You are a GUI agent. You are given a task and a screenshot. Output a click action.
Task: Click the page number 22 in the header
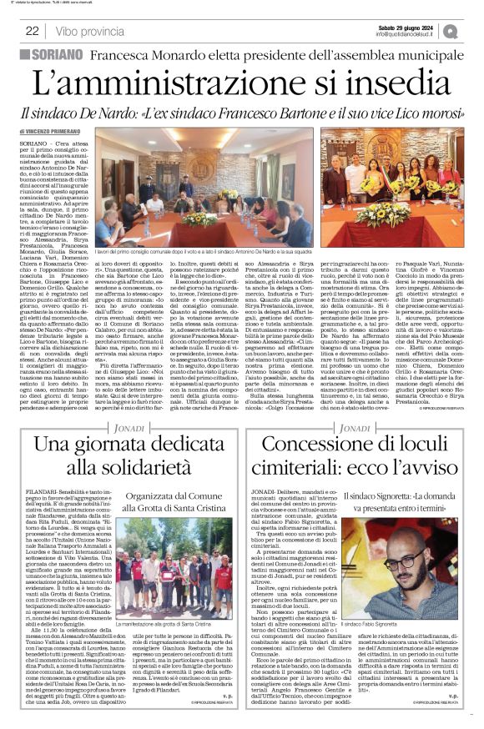click(x=33, y=31)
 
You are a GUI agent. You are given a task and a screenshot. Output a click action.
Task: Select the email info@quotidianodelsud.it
click(x=406, y=34)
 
